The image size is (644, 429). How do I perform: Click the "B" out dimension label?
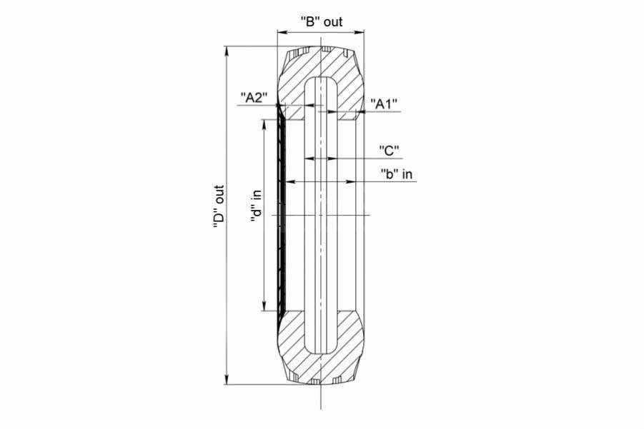coord(321,21)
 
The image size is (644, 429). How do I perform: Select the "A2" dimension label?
coord(254,98)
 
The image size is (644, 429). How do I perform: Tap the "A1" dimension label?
coord(384,104)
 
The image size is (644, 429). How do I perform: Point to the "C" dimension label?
coord(389,151)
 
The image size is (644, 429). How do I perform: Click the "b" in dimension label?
coord(397,174)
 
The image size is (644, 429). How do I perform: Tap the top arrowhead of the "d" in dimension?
coord(264,125)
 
